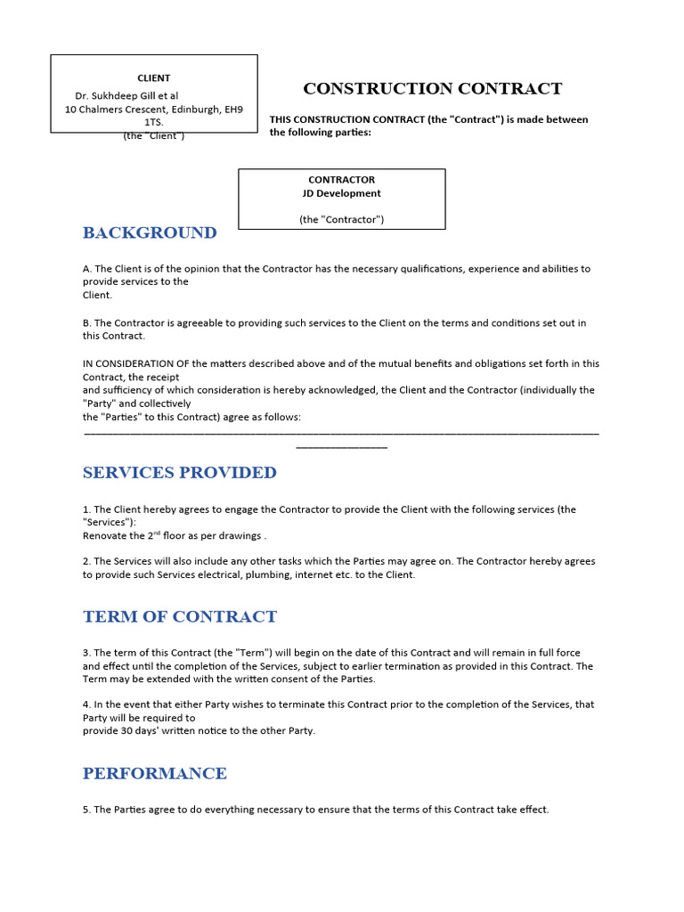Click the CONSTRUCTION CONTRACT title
pyautogui.click(x=432, y=88)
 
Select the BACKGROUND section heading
pyautogui.click(x=150, y=233)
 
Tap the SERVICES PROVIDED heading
pyautogui.click(x=179, y=473)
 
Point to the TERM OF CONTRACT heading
pyautogui.click(x=179, y=617)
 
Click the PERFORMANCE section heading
pyautogui.click(x=154, y=773)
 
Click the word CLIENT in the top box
pyautogui.click(x=153, y=77)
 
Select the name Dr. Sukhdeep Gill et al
pyautogui.click(x=126, y=95)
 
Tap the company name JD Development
pyautogui.click(x=342, y=193)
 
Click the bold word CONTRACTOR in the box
pyautogui.click(x=342, y=179)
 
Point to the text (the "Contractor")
pyautogui.click(x=342, y=219)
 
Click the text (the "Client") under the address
pyautogui.click(x=153, y=135)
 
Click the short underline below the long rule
pyautogui.click(x=341, y=446)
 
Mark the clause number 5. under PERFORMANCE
pyautogui.click(x=86, y=810)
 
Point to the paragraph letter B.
pyautogui.click(x=86, y=323)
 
